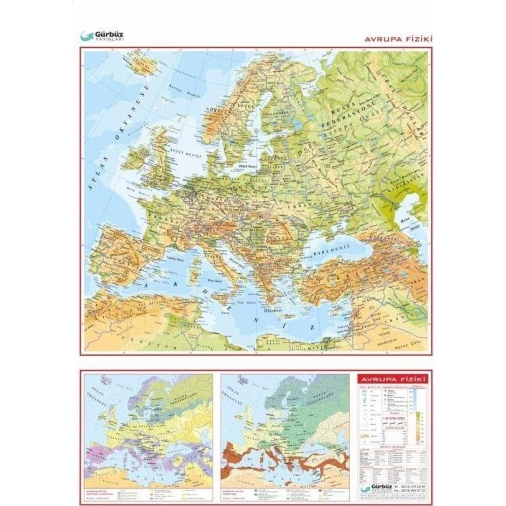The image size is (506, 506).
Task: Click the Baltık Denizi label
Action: coord(248,166)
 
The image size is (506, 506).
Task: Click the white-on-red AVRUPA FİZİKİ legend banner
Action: coord(392,379)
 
